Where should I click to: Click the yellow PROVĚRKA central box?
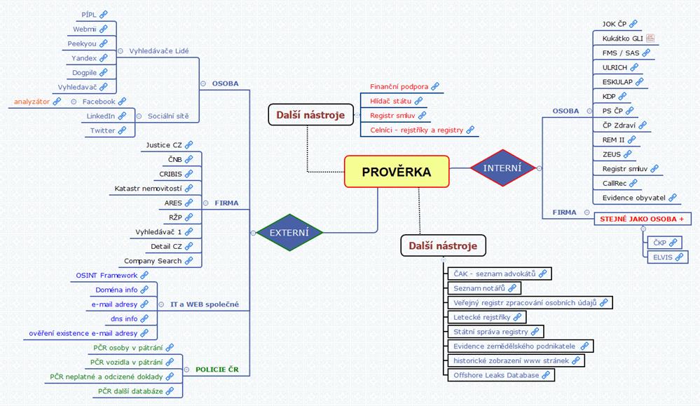(x=397, y=172)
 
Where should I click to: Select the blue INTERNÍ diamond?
(x=502, y=168)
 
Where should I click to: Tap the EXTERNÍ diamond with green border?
(x=289, y=232)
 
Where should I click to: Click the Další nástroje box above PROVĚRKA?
(x=310, y=115)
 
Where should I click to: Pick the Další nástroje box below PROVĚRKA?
(x=443, y=245)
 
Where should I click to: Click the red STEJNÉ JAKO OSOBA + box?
(x=642, y=219)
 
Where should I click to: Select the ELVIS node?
(x=667, y=257)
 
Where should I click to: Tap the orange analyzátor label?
(x=32, y=102)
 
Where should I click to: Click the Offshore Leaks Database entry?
(x=501, y=375)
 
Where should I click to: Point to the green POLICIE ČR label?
(x=217, y=370)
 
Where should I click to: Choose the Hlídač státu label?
(x=390, y=101)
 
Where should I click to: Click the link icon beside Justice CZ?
(x=189, y=144)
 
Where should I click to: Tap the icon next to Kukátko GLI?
(x=650, y=39)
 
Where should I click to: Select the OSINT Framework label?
(x=107, y=275)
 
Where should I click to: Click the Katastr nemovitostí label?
(x=148, y=189)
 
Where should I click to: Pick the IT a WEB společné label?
(x=205, y=304)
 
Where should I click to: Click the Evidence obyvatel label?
(x=634, y=198)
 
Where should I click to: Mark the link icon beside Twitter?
(x=122, y=130)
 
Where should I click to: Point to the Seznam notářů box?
(x=484, y=288)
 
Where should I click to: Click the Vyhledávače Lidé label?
(x=159, y=51)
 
